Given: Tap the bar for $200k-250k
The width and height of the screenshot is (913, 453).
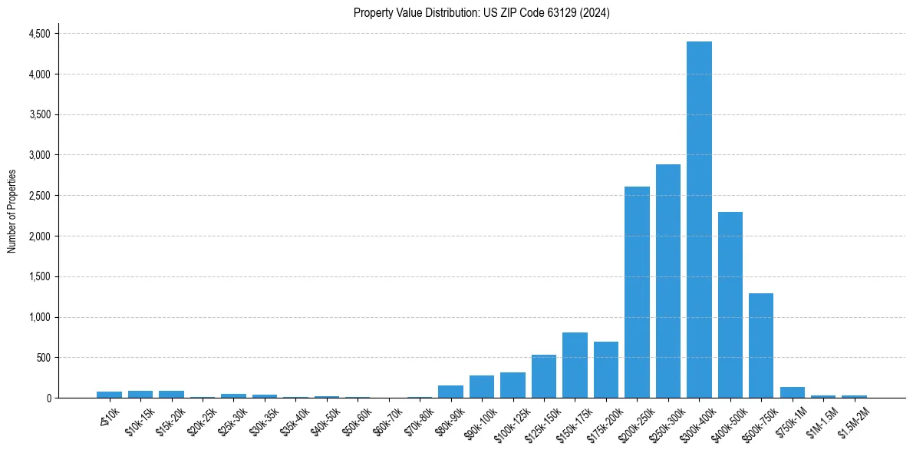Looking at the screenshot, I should click(637, 292).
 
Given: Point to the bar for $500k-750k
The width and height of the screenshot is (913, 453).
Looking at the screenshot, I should click(761, 346).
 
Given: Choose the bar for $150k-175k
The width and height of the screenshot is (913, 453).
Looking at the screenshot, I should click(575, 365).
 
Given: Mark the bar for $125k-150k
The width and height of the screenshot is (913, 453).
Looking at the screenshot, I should click(544, 376).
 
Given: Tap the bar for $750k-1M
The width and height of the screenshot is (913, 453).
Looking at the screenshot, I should click(793, 392).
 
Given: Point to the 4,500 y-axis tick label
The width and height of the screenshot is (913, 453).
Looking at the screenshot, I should click(39, 34).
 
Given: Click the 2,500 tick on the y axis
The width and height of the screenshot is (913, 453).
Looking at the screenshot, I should click(39, 196).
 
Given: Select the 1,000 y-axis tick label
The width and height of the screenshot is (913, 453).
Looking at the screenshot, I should click(39, 317).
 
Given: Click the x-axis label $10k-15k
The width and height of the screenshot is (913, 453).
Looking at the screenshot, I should click(140, 420).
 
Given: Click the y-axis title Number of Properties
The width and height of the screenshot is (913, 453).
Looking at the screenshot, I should click(12, 211).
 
